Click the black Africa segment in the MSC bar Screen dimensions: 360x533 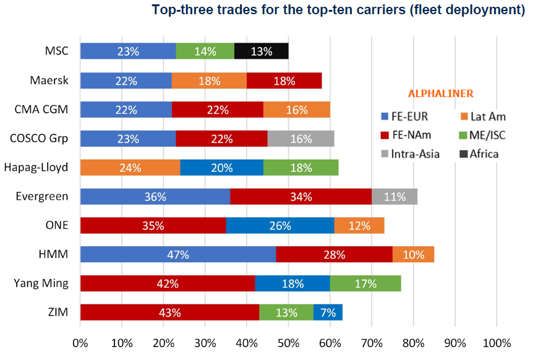point(261,51)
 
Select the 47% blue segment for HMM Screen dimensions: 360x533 point(178,254)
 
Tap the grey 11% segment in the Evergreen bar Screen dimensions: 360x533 point(394,197)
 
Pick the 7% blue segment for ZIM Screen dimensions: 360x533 point(328,312)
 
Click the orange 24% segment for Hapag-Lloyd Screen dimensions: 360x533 point(130,168)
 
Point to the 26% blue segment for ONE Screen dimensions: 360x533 point(280,226)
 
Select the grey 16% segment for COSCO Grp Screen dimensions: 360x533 point(301,139)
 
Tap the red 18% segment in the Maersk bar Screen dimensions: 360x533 point(284,80)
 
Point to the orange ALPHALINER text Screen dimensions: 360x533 point(440,94)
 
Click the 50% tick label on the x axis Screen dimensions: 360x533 point(288,343)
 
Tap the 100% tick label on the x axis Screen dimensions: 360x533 point(496,343)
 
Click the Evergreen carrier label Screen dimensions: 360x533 point(41,197)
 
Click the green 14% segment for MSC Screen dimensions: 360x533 point(205,51)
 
